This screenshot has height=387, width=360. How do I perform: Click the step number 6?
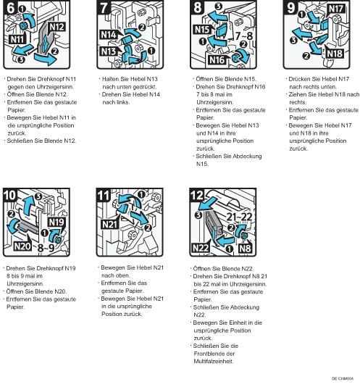10,7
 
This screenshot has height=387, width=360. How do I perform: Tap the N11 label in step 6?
17,39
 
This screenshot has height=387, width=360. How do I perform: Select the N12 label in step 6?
57,27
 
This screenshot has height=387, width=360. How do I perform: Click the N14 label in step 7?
109,35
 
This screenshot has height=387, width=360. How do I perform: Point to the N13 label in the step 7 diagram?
109,51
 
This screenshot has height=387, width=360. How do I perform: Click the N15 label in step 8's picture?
202,30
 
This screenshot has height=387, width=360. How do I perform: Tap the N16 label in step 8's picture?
217,59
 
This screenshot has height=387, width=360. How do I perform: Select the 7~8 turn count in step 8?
243,36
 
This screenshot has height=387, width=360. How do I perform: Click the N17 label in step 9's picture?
336,9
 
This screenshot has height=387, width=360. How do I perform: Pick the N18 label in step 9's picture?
335,54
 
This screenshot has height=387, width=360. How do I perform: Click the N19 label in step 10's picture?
56,222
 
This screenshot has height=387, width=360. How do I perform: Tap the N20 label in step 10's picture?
22,246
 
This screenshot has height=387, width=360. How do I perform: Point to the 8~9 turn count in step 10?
46,248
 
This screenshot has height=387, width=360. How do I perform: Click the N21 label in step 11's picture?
109,225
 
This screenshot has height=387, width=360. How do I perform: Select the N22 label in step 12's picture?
201,248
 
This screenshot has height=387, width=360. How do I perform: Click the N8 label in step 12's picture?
245,249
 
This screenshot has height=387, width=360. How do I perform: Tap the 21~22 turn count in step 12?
239,217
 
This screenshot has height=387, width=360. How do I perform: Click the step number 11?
104,196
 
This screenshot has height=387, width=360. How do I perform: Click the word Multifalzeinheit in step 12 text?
214,362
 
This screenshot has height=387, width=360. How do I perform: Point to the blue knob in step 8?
235,58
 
